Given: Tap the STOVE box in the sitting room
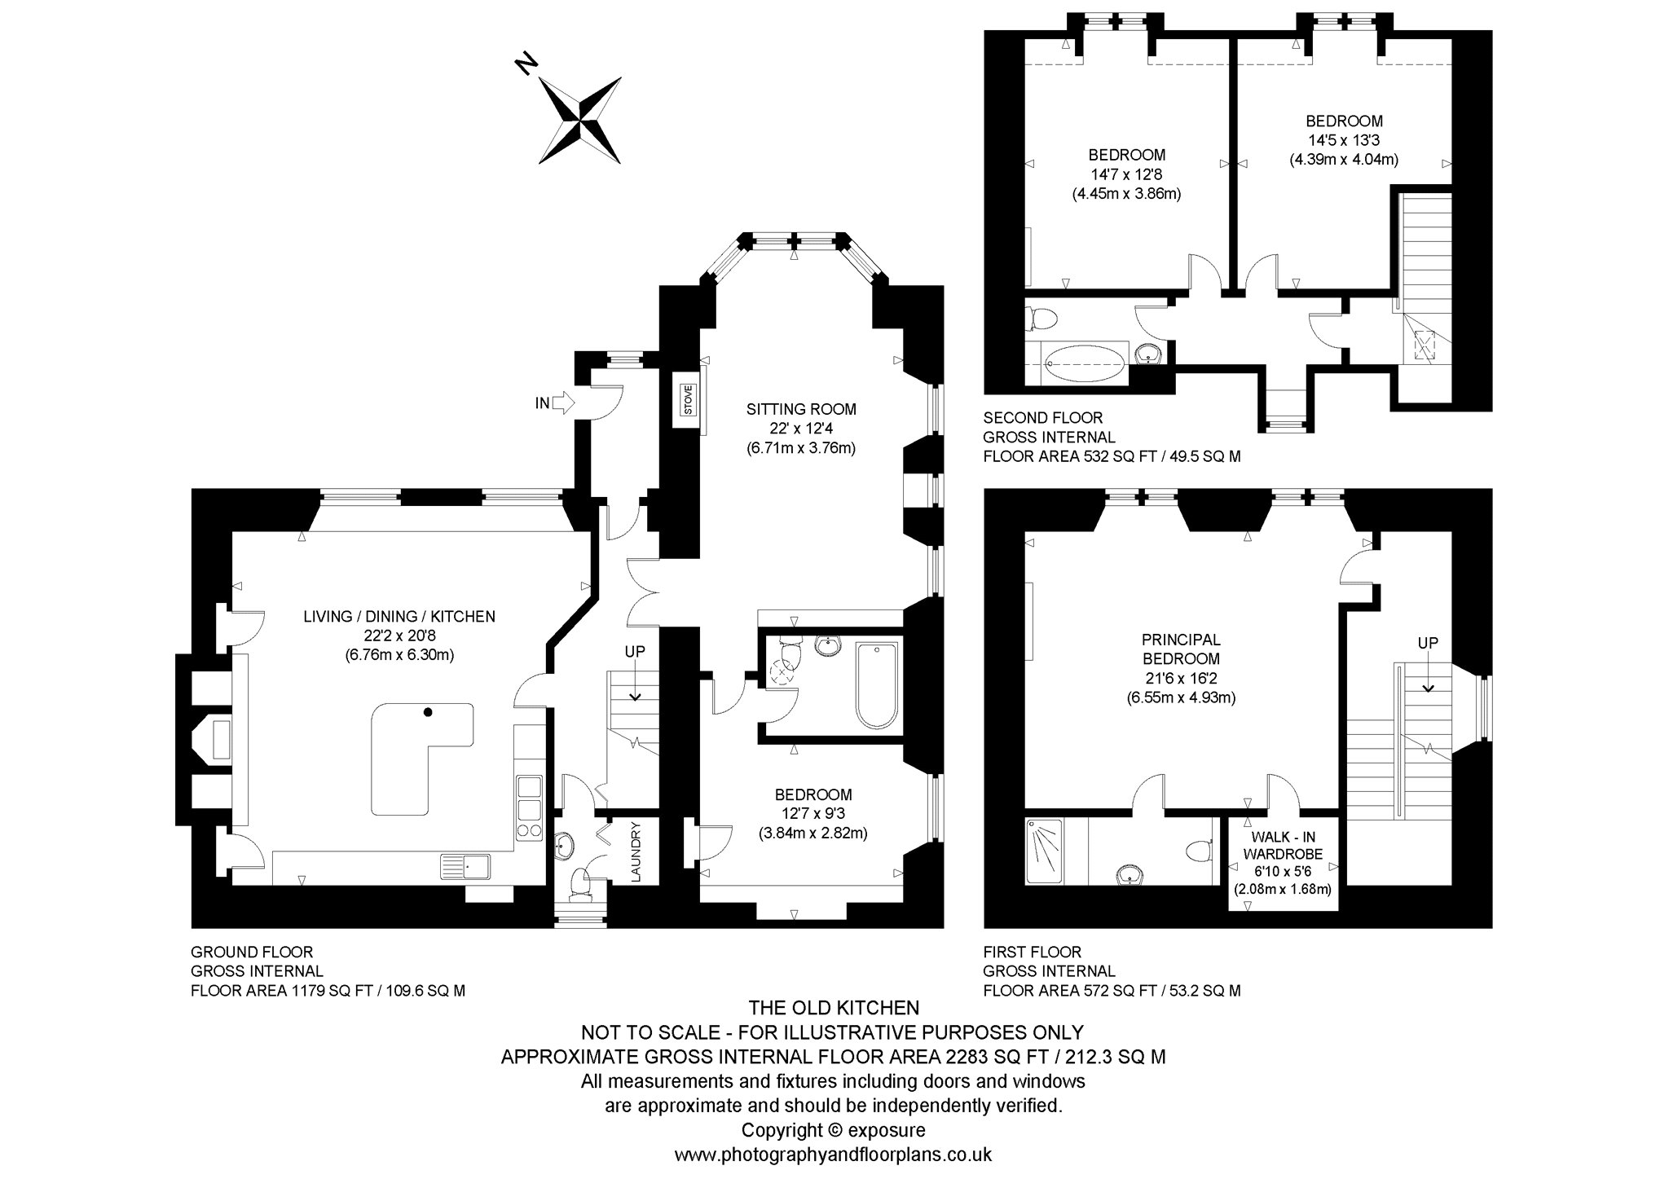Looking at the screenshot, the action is [x=687, y=400].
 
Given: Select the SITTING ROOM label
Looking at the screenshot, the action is [x=802, y=409].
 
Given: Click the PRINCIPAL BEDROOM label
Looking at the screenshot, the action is [x=1181, y=649].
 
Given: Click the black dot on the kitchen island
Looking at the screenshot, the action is [x=427, y=712].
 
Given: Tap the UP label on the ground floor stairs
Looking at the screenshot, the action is [x=635, y=652].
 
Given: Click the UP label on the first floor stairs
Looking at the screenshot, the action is [x=1428, y=643].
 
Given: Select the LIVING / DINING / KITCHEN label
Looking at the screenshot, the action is [x=399, y=617].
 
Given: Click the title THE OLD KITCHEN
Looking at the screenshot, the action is [x=834, y=1008].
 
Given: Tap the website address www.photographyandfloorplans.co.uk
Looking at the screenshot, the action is [x=833, y=1155].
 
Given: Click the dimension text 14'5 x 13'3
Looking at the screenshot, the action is [x=1344, y=140].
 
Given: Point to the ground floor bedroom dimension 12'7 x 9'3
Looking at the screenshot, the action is [x=813, y=813].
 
